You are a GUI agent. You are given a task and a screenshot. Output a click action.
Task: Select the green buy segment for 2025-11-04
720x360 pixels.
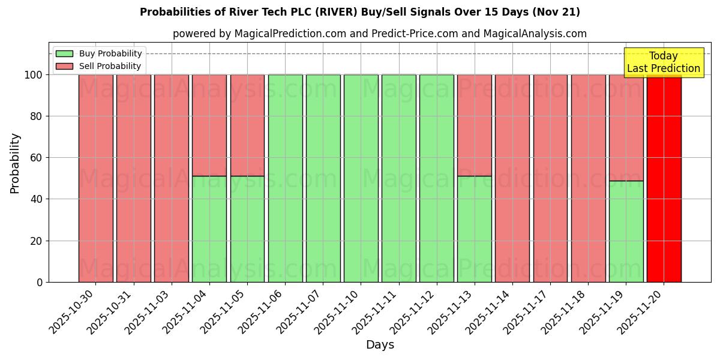point(209,229)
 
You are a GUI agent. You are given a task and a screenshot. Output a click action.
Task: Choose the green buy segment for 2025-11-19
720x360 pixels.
point(626,231)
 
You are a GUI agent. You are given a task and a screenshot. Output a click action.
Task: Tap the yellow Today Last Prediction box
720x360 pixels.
point(663,62)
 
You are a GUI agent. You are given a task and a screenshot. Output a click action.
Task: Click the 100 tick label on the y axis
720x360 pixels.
point(34,75)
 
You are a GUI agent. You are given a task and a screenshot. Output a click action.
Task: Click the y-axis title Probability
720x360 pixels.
point(15,163)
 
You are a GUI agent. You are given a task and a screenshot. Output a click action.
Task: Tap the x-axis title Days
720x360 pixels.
point(380,345)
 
